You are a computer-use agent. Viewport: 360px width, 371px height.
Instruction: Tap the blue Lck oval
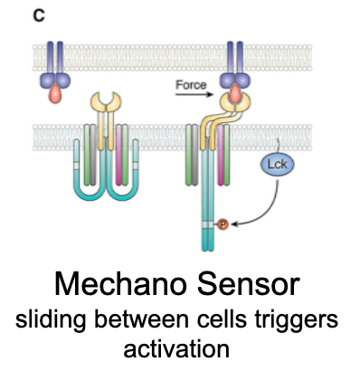pos(276,166)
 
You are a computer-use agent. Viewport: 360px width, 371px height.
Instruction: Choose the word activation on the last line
pos(180,348)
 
